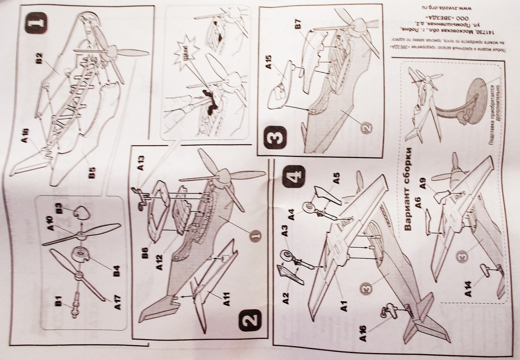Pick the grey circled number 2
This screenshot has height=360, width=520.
[367, 128]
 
